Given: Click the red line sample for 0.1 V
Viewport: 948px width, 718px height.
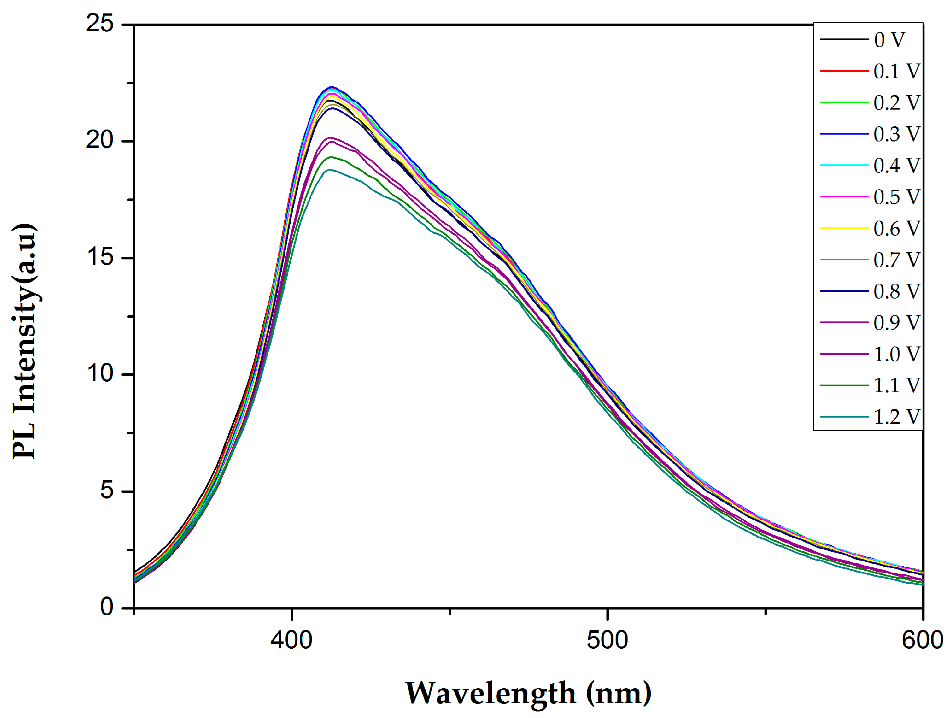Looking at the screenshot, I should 844,71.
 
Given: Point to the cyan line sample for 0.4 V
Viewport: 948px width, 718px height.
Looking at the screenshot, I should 844,165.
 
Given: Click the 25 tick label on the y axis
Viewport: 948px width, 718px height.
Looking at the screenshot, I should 99,23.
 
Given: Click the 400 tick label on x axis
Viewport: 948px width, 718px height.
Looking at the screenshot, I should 291,640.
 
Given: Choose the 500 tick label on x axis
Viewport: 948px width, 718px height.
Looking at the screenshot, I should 607,640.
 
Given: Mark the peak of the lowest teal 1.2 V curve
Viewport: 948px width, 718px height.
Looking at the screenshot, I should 329,169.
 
